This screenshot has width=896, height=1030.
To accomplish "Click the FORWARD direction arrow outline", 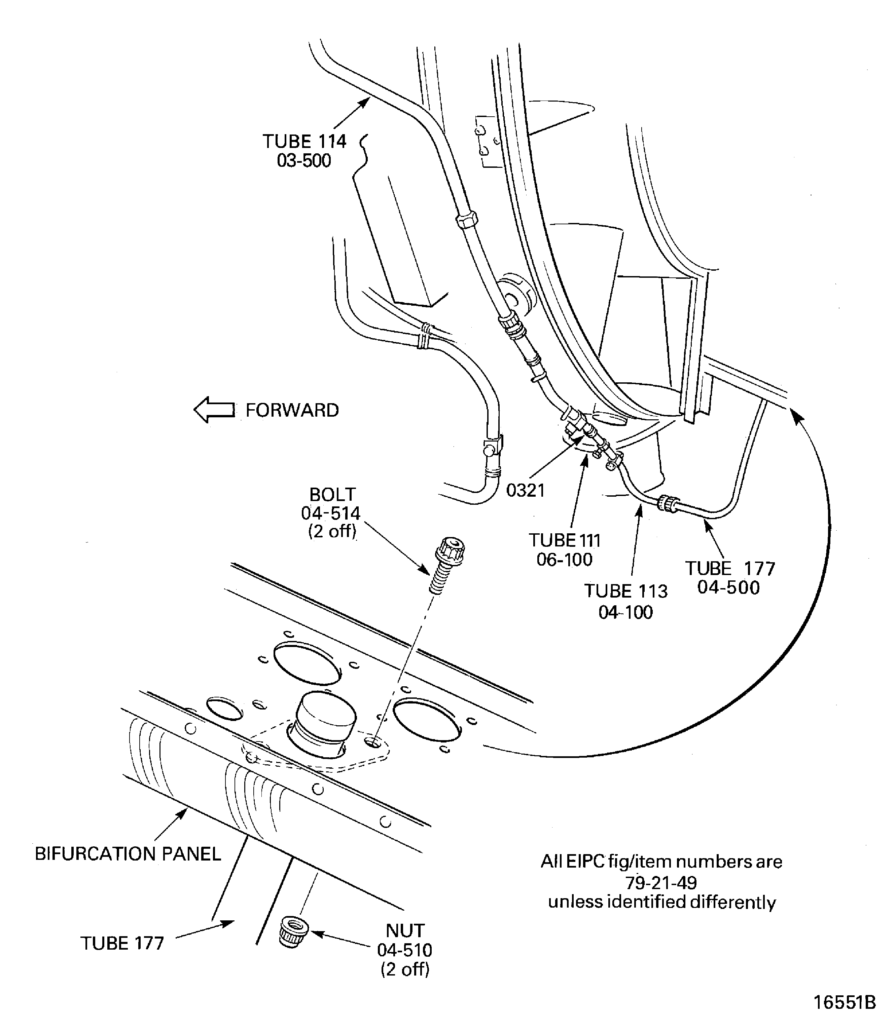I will [214, 410].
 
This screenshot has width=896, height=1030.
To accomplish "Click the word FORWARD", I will [292, 410].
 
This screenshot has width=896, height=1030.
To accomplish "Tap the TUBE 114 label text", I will [304, 142].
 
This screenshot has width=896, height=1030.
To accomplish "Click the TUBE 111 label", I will [565, 540].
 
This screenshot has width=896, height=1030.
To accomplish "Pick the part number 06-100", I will [565, 559].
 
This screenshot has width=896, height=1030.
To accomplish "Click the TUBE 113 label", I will [625, 591].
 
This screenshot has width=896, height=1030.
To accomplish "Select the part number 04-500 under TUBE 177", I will [728, 587].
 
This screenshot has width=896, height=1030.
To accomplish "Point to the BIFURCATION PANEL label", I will [128, 853].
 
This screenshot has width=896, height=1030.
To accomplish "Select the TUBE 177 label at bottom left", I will [122, 943].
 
